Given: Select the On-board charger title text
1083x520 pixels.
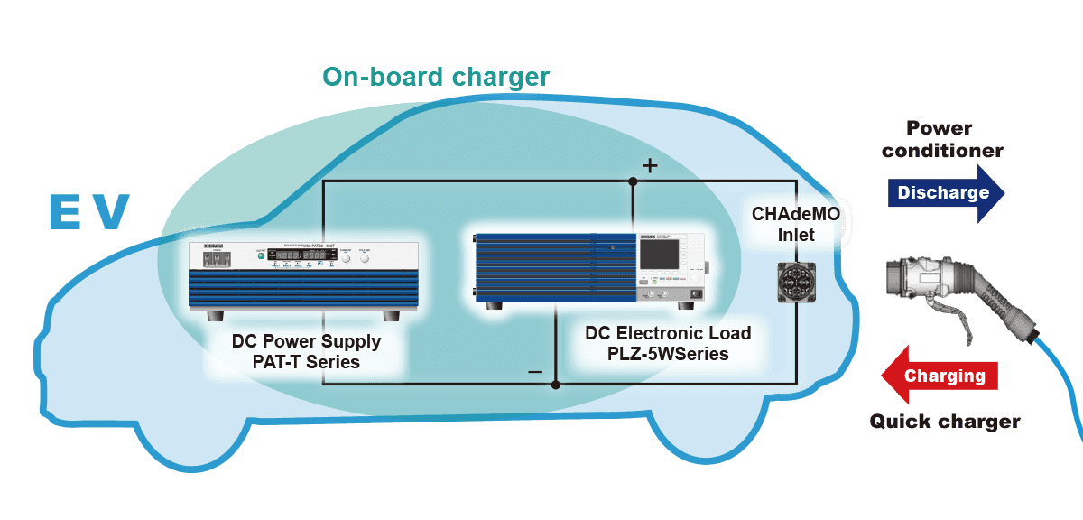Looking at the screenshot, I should coord(436,77).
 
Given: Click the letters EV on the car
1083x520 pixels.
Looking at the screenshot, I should coord(88,211).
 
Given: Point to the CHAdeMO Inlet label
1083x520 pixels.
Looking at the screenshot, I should coord(796,225).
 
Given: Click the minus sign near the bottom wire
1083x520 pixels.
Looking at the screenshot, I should coord(535,371).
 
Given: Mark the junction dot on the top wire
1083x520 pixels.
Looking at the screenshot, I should coord(633,181).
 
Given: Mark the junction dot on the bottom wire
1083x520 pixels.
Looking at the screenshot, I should coord(555,385).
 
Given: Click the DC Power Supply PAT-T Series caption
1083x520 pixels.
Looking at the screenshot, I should coord(306,352).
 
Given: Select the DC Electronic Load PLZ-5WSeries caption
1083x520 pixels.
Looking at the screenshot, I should coord(668,343).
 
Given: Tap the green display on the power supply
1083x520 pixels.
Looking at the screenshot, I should coord(298,257).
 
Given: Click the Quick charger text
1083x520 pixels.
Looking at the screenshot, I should coord(944,421).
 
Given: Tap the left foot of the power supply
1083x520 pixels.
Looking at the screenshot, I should coord(218,315).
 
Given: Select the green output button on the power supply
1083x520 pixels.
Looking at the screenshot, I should coord(260,257).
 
